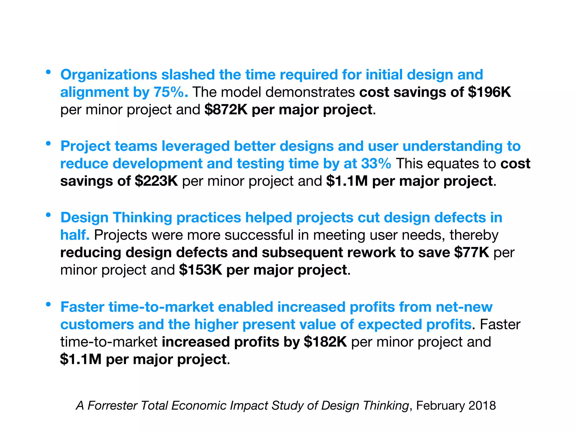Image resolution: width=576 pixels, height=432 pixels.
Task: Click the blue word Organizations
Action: coord(109,75)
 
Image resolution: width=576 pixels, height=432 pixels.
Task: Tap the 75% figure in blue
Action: coord(170,92)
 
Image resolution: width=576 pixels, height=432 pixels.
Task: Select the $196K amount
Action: coord(489,92)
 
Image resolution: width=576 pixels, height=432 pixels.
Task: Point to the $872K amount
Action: coord(226,110)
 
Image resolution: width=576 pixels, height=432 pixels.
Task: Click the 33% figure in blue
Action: coord(376,164)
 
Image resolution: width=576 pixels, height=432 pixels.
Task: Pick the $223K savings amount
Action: coord(156,181)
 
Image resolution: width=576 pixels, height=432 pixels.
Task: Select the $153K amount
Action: coord(201,270)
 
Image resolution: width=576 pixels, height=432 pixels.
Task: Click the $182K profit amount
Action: coord(325,342)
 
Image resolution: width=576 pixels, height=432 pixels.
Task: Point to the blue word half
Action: coord(75,235)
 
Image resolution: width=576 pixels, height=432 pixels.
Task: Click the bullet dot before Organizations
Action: coord(48,72)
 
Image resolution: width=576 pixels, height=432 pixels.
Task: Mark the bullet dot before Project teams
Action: coord(48,143)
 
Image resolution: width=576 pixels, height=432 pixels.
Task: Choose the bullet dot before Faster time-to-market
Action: coord(48,304)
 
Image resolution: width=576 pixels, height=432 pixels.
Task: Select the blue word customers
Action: coord(97,325)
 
